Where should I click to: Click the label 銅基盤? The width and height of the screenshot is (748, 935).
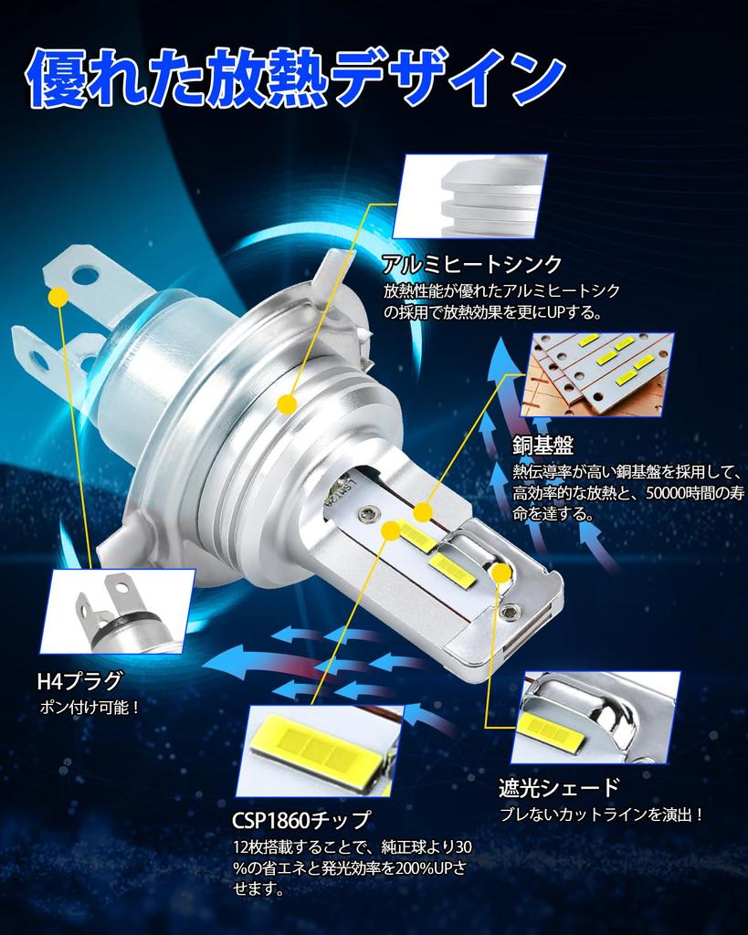(x=543, y=446)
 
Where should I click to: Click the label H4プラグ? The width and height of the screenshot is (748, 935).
(x=79, y=680)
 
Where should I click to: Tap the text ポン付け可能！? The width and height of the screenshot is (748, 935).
(x=90, y=707)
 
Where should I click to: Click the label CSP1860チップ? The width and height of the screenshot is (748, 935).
(x=301, y=818)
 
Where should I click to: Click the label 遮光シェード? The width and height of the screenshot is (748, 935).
(x=559, y=787)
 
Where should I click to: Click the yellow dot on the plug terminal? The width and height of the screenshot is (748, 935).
(x=58, y=297)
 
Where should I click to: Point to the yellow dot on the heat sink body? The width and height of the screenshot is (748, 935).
(x=287, y=403)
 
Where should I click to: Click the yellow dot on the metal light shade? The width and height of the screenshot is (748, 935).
(x=500, y=572)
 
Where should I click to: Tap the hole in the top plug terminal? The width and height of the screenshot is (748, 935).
(x=85, y=273)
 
